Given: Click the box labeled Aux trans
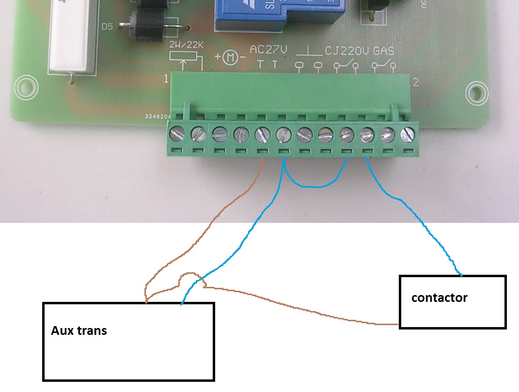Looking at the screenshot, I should (128, 341).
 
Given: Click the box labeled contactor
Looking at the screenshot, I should (453, 302).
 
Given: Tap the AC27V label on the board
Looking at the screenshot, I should (268, 50).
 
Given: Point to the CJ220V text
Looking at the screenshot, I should (347, 50).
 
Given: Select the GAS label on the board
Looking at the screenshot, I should (384, 50).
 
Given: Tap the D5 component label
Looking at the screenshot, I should (107, 27).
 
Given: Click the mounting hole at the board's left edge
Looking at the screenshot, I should (26, 88).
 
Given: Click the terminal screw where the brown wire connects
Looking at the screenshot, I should (262, 134).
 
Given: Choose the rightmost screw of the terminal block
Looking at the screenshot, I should (409, 134).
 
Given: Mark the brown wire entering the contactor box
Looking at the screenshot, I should (388, 323).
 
